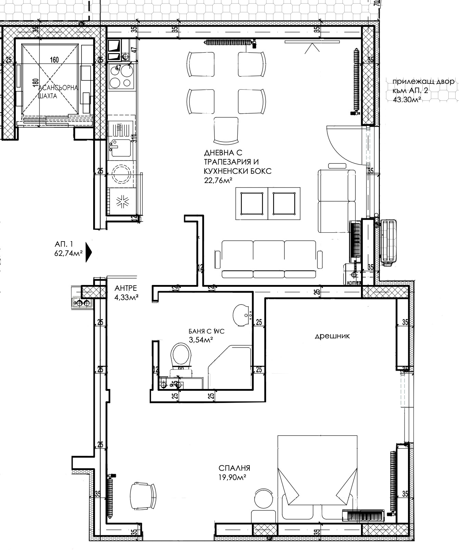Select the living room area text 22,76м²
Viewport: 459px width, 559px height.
coord(216,180)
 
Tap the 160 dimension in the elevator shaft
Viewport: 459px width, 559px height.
coord(54,60)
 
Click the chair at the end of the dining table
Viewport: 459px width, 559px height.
coord(226,130)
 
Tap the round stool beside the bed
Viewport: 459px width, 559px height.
coord(264,498)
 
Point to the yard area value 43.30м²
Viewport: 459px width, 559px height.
coord(407,100)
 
